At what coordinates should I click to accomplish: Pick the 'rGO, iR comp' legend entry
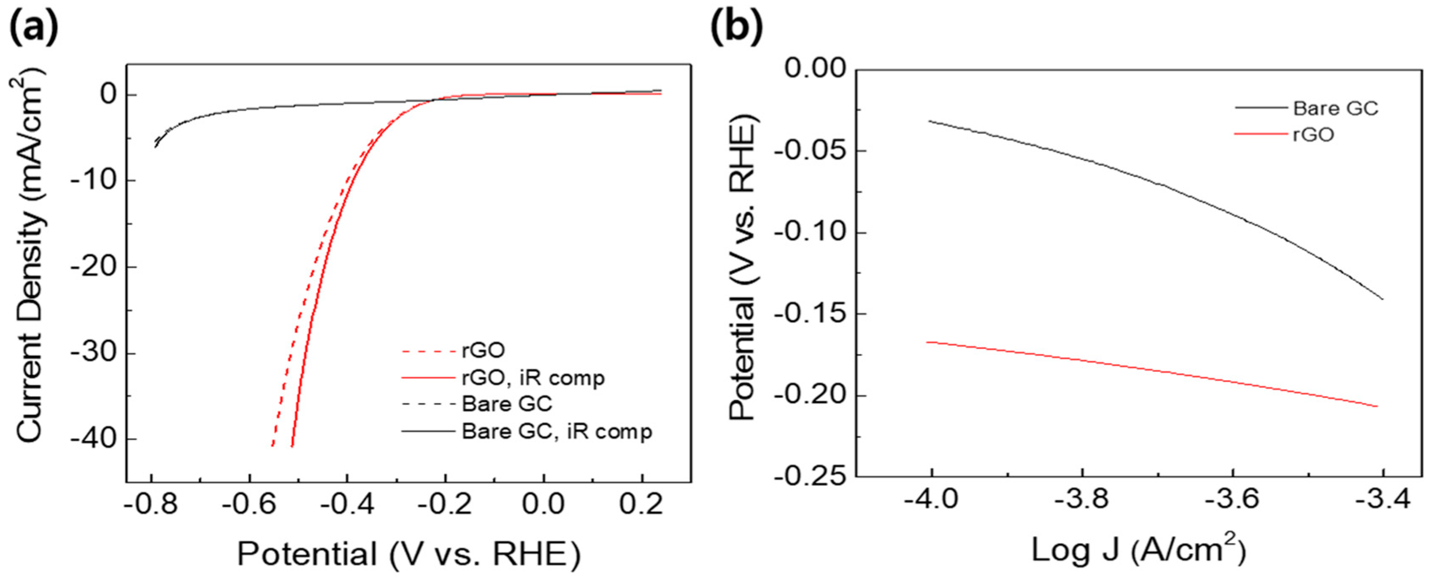coord(532,378)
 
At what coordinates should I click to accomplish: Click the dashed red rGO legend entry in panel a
coord(482,351)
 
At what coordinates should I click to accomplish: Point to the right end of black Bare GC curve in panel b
coord(1383,299)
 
